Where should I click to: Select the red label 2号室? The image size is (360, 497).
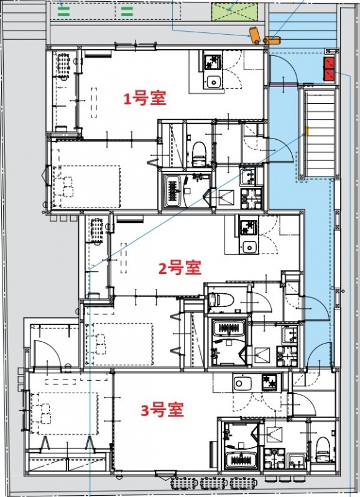[x=180, y=268]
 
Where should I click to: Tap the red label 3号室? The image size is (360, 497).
[x=162, y=410]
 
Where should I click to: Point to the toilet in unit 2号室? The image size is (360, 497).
[x=221, y=299]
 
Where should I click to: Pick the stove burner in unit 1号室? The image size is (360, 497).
[x=211, y=62]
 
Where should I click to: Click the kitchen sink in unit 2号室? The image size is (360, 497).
[x=250, y=246]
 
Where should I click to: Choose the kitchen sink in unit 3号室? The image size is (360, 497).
[x=241, y=383]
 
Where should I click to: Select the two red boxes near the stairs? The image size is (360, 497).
[x=329, y=68]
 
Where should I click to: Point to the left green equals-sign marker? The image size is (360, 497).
[x=64, y=11]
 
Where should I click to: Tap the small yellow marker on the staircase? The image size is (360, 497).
[x=307, y=130]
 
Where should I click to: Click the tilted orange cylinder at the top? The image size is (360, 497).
[x=254, y=35]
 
